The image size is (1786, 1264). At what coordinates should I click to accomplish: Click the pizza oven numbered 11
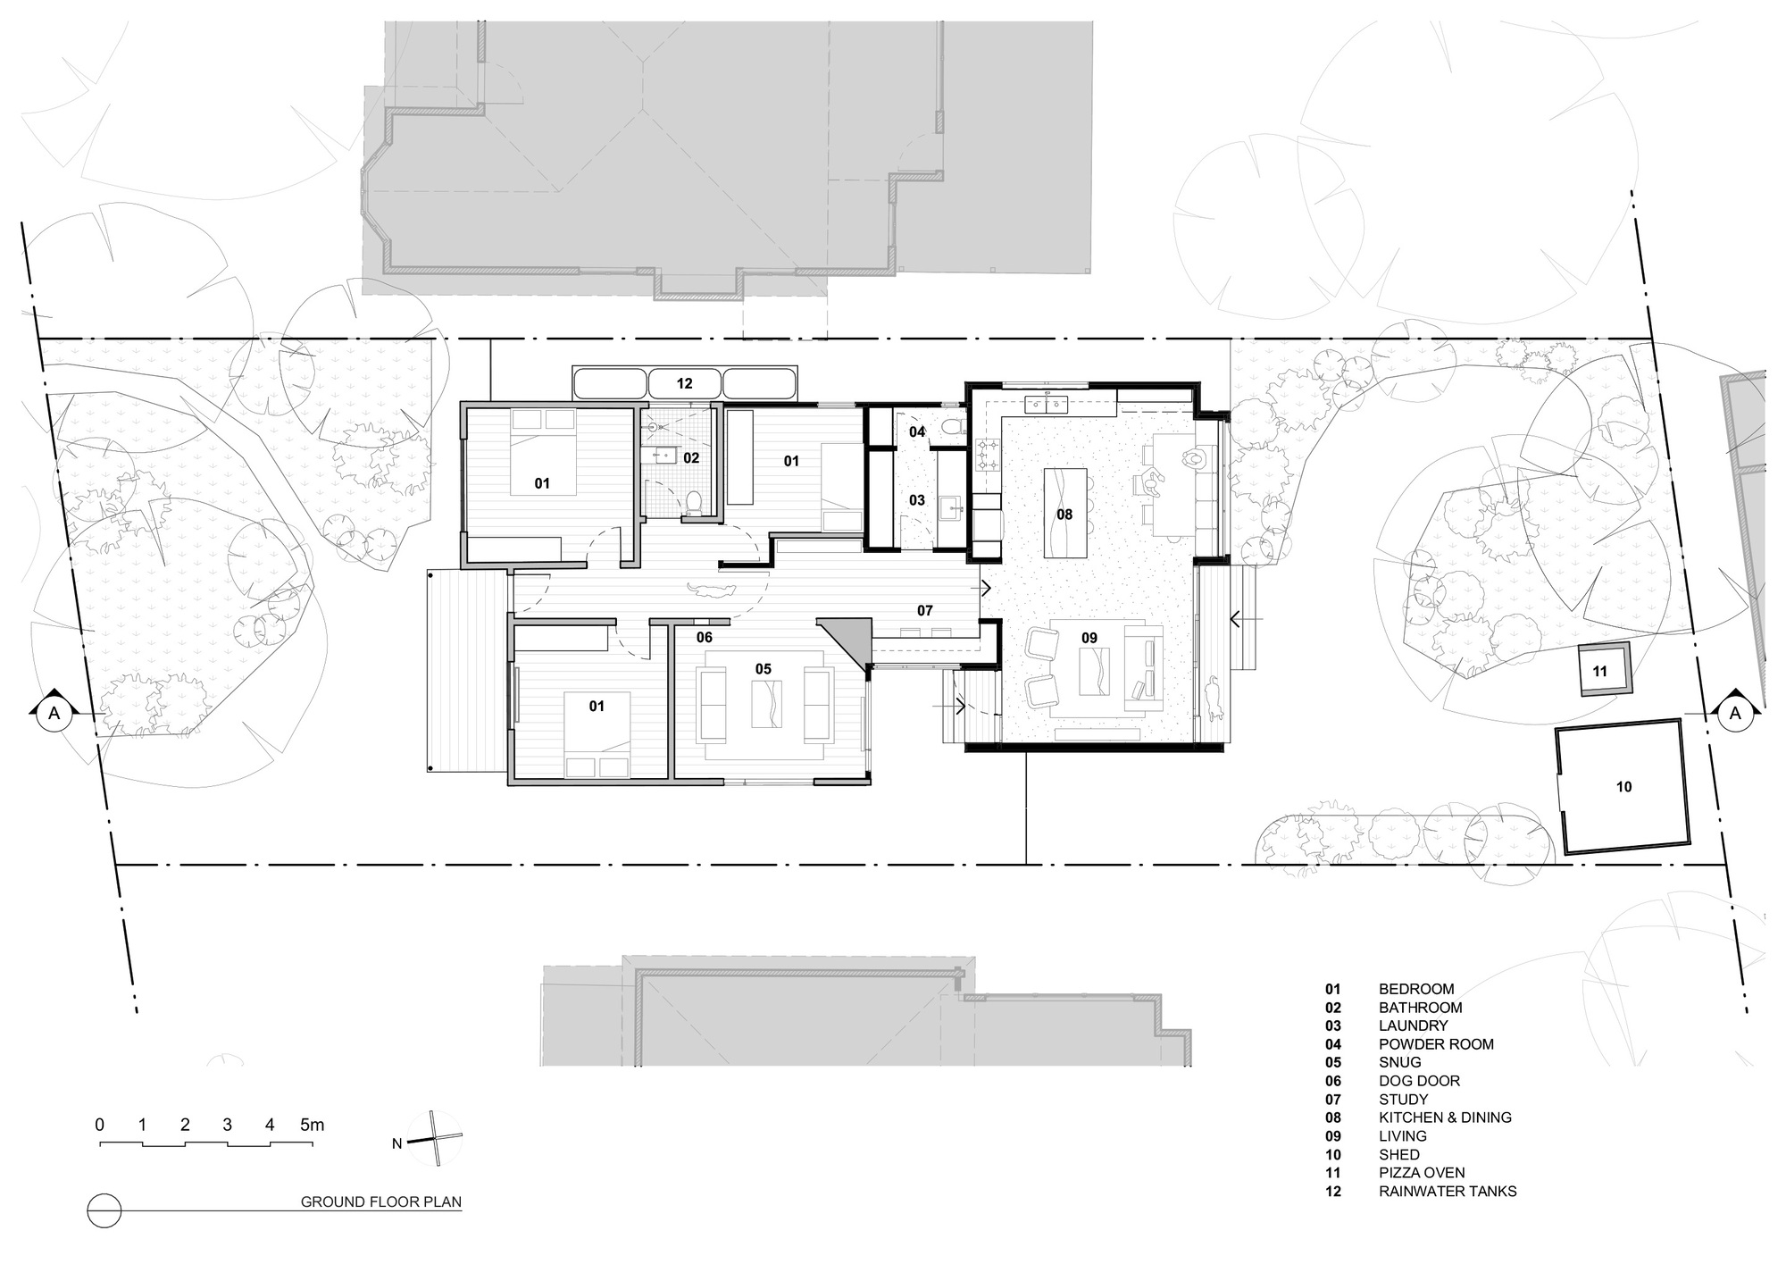coord(1605,670)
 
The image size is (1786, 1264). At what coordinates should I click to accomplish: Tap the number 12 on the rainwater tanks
coord(684,384)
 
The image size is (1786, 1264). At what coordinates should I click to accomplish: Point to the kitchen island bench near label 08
coord(1065,514)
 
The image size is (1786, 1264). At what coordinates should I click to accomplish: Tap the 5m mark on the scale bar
coord(311,1125)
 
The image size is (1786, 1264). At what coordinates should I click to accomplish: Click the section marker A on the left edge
coord(54,713)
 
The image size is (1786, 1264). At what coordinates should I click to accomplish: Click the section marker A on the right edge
coord(1735,713)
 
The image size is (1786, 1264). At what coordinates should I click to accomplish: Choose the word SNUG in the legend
coord(1399,1062)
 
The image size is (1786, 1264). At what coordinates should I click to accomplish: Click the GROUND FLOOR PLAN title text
coord(380,1201)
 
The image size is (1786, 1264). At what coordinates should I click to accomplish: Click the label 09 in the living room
coord(1089,638)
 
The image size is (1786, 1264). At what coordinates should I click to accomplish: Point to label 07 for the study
coord(924,611)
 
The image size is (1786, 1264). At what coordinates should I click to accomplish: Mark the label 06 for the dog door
coord(705,637)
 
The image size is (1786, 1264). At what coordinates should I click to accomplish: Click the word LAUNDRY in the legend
coord(1413,1025)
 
